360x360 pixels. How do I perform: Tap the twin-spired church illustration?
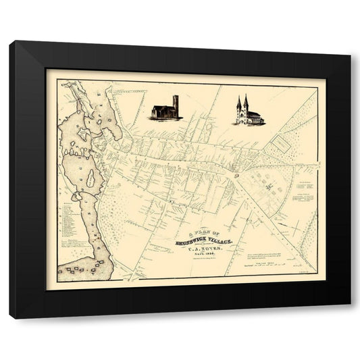tap(248, 112)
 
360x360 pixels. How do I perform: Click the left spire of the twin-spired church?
tap(238, 105)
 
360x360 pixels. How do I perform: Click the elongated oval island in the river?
tap(91, 179)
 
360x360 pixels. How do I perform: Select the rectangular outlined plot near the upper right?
tap(280, 145)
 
